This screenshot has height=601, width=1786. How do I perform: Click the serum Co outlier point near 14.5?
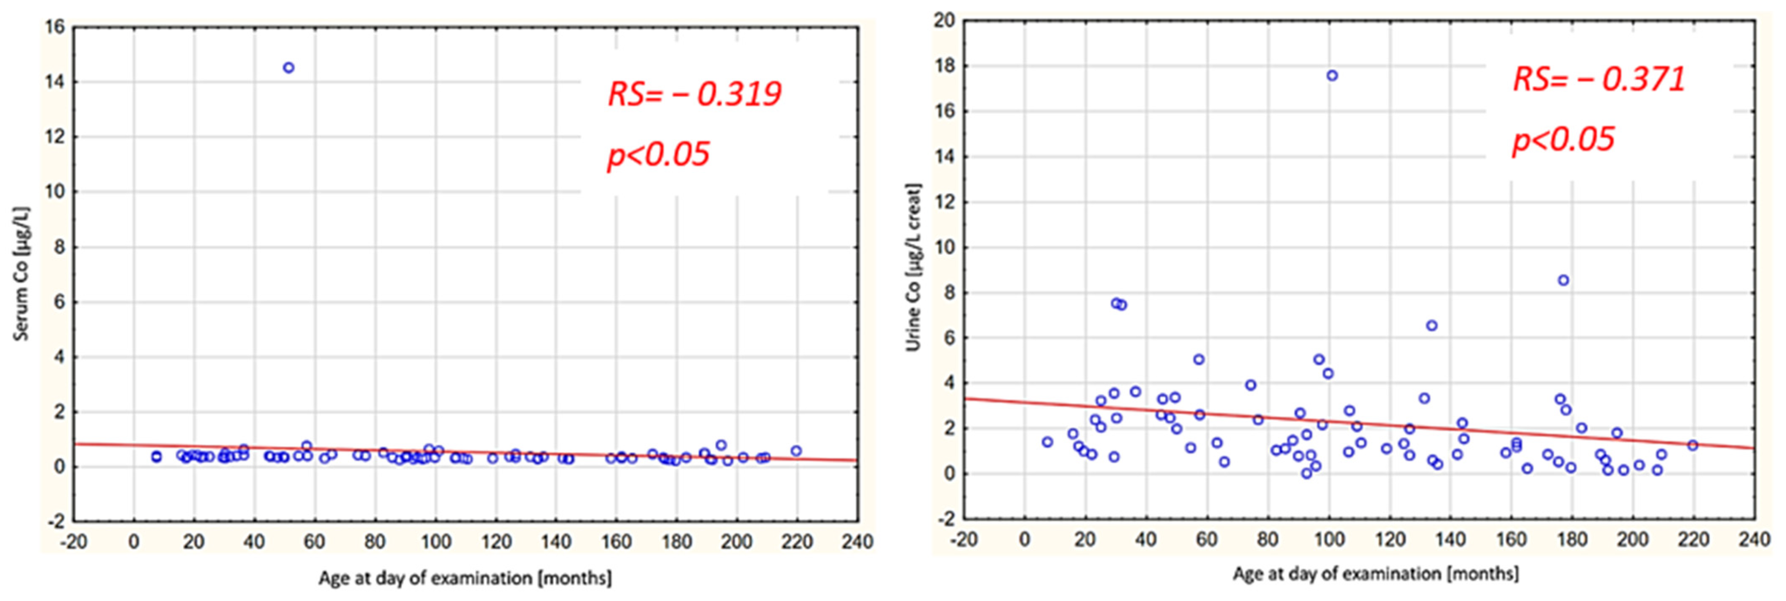288,67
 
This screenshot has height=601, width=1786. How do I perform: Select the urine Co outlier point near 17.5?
1332,75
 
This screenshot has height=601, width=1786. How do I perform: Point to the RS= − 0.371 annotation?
1598,79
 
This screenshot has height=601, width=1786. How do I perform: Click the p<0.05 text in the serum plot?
658,154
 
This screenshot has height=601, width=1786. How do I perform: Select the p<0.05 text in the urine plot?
1563,139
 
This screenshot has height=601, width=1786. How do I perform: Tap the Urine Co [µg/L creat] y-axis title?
914,267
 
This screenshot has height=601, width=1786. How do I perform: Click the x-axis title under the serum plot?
465,577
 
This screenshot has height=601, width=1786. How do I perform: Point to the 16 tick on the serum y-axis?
55,27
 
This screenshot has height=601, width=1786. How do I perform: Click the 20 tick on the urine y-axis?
944,21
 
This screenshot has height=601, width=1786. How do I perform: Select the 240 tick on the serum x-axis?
857,541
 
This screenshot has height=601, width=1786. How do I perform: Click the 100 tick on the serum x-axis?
435,541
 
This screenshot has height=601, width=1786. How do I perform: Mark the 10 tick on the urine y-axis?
944,248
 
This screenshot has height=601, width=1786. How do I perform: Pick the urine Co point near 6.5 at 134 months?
1432,325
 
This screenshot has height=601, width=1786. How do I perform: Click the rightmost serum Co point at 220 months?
796,451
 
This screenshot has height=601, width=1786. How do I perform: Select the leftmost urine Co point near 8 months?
1047,441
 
